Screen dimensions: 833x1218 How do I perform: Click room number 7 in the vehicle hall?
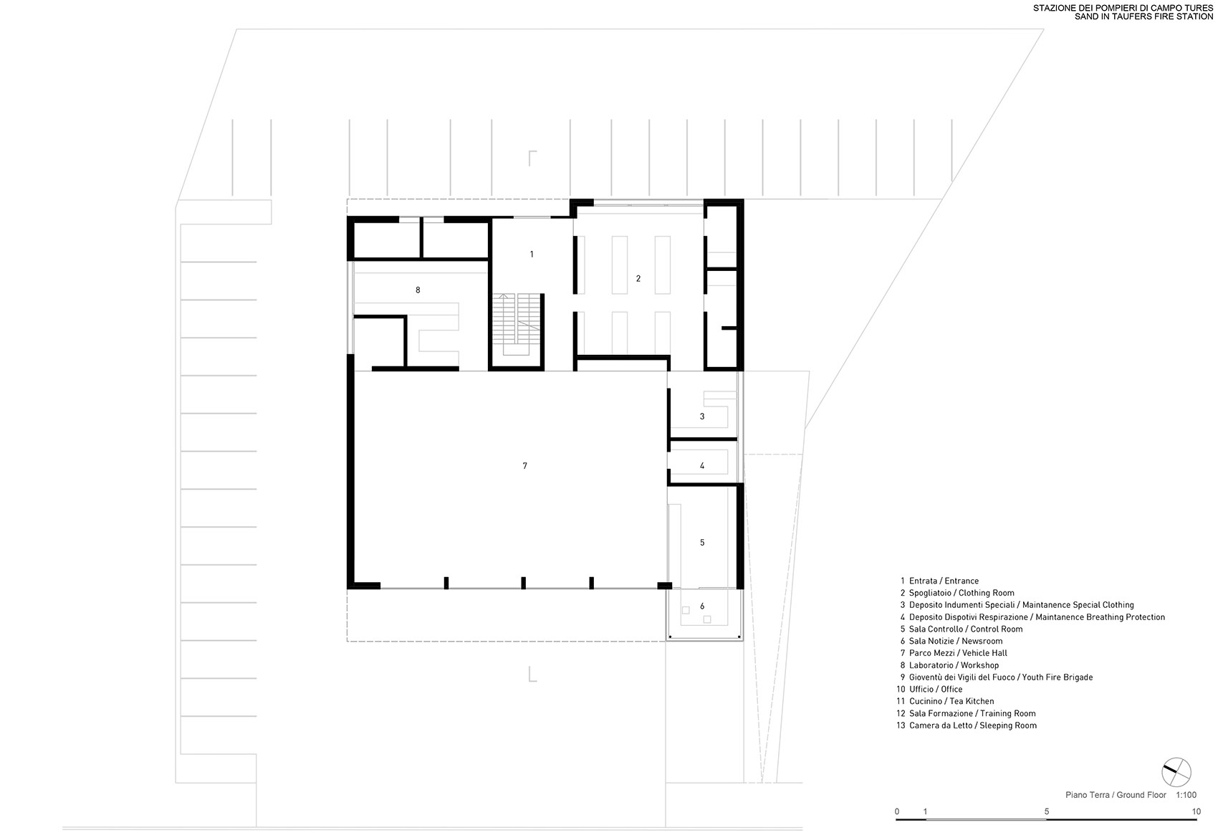(x=524, y=466)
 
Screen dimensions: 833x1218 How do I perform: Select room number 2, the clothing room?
(x=638, y=278)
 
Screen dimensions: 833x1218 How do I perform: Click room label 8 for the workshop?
(x=418, y=290)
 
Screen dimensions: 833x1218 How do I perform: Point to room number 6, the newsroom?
(x=702, y=606)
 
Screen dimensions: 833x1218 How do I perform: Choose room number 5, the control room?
(x=702, y=543)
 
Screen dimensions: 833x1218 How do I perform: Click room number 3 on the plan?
(x=702, y=416)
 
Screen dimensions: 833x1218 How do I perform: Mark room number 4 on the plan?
(x=702, y=466)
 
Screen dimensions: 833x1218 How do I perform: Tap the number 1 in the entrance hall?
(x=532, y=254)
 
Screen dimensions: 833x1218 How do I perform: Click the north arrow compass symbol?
(x=1176, y=772)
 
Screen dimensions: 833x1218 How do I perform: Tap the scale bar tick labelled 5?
(x=1047, y=811)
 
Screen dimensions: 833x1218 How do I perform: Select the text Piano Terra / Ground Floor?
(x=1116, y=794)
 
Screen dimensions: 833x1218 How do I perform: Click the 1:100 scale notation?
(x=1186, y=794)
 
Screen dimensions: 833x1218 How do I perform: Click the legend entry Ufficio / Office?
(x=936, y=689)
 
